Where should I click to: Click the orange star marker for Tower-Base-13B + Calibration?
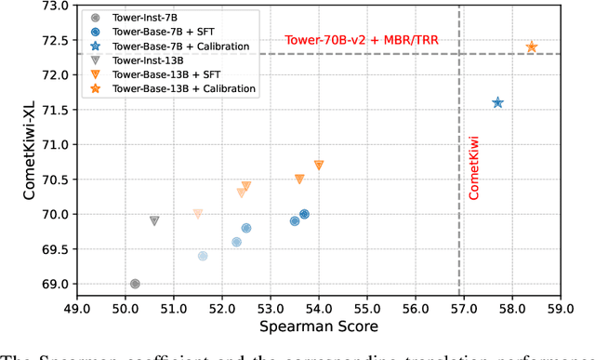click(x=532, y=47)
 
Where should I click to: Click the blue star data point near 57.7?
click(x=497, y=102)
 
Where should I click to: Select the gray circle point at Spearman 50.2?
click(x=135, y=284)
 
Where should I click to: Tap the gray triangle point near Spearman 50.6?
click(x=154, y=220)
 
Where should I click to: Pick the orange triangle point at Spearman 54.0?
click(x=319, y=165)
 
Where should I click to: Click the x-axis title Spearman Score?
click(x=317, y=327)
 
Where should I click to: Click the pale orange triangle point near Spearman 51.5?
click(x=198, y=214)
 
